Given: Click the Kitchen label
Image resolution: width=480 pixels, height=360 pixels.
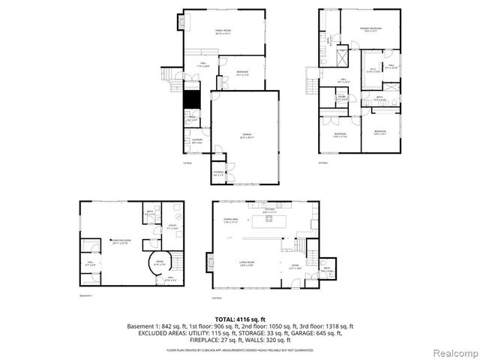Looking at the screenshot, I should tap(269, 211).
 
